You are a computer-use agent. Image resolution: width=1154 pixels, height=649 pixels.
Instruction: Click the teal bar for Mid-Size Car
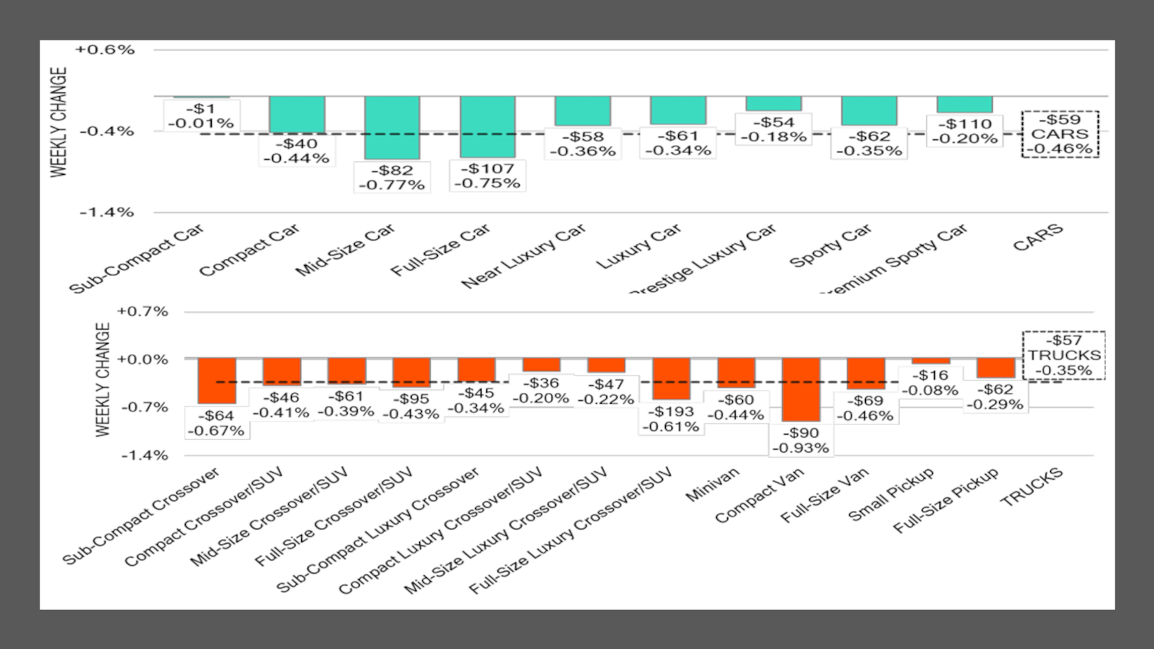pos(392,128)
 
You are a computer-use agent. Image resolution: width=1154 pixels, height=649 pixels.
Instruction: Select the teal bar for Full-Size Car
pos(488,127)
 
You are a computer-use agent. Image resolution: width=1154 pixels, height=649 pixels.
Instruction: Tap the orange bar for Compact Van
pos(801,390)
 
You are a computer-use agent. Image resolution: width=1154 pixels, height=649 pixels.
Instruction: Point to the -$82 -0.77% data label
pos(392,177)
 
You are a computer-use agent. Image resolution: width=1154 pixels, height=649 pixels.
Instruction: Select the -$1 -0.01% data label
pos(201,116)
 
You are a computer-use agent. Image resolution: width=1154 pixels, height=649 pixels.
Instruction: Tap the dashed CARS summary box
pos(1060,134)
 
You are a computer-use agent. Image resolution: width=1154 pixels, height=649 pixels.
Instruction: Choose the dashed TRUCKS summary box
pos(1064,355)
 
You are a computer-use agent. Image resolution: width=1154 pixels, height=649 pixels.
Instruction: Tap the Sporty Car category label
pos(830,247)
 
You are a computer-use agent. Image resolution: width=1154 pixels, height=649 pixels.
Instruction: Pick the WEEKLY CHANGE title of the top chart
pos(60,122)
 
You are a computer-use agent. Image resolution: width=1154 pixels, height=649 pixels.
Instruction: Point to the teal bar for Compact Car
pos(297,115)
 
